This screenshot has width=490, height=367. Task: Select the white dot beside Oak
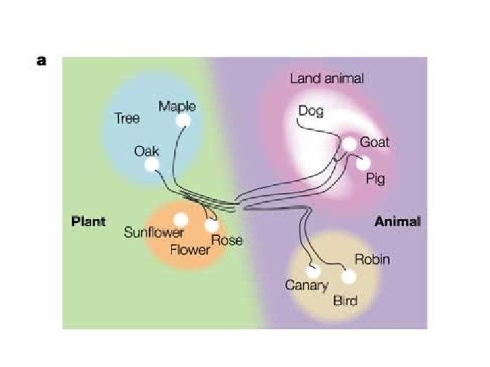[x=152, y=164]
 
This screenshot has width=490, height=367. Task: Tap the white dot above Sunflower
[x=180, y=220]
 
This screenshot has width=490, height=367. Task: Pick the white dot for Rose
[x=212, y=226]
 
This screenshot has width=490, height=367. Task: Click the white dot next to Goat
[x=348, y=144]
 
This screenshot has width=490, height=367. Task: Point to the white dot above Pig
[x=363, y=163]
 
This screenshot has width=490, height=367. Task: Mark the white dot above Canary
[x=314, y=270]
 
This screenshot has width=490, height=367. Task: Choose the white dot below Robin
[x=348, y=277]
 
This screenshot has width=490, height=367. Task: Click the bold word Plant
[x=88, y=221]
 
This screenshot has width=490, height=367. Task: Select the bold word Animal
[x=397, y=221]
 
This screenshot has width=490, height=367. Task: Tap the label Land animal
[x=327, y=78]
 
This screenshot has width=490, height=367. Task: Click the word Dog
[x=311, y=110]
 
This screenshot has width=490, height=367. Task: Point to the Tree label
[x=127, y=118]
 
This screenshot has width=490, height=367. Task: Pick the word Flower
[x=190, y=249]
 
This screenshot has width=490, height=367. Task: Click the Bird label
[x=345, y=300]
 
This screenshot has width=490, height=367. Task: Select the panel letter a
[x=42, y=60]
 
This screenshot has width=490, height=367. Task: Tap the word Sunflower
[x=154, y=233]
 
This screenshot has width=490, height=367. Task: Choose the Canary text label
[x=306, y=285]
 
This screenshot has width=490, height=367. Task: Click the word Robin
[x=372, y=260]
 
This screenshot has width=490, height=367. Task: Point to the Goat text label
[x=374, y=142]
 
